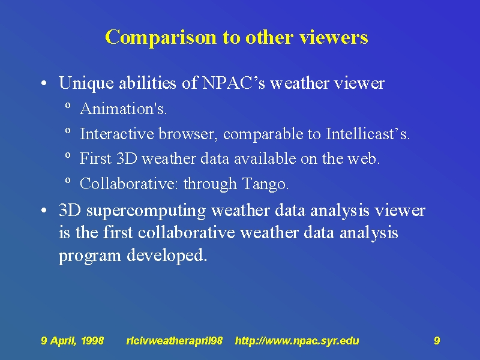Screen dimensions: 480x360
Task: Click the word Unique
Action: point(86,83)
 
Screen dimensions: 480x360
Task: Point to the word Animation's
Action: point(124,109)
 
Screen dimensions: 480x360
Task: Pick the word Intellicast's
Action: point(368,133)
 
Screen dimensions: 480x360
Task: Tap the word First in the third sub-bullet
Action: point(95,158)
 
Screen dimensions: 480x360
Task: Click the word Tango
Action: point(265,184)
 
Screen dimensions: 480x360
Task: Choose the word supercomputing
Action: point(146,211)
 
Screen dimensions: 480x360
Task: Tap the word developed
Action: point(167,256)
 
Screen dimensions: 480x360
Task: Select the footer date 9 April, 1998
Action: point(72,341)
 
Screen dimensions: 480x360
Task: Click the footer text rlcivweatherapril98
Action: point(175,341)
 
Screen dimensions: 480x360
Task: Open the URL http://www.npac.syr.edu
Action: point(297,341)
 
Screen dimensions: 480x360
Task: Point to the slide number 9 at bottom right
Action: point(437,340)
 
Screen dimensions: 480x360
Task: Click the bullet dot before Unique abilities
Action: point(44,83)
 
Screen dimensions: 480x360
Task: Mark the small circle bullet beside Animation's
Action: point(68,106)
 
